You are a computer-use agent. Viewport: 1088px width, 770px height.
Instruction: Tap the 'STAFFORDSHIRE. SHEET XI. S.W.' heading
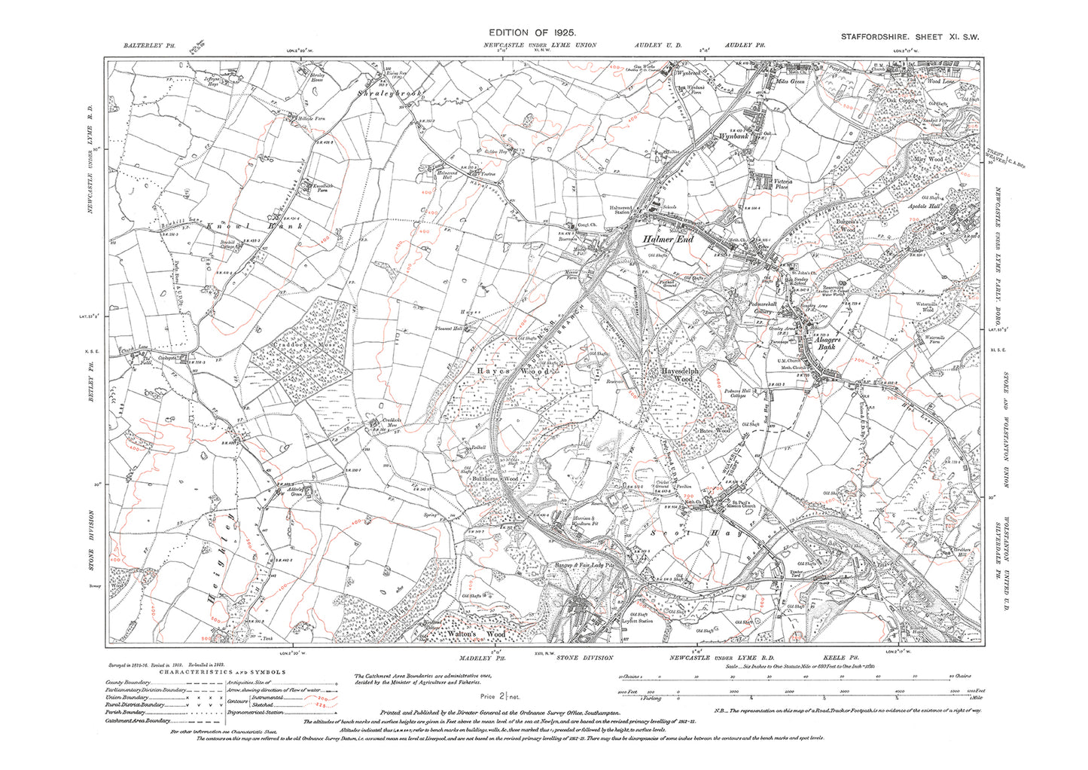tap(908, 36)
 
